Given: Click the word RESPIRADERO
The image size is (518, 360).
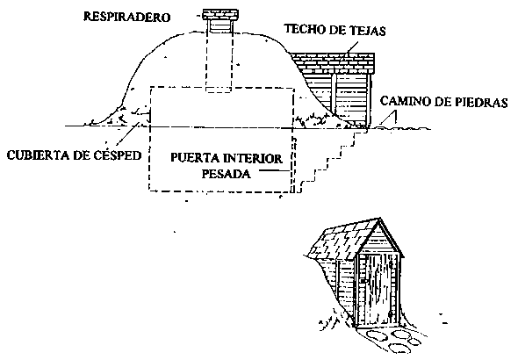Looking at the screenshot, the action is pos(126,17).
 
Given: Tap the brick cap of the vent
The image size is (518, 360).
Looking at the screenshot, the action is pos(220,15).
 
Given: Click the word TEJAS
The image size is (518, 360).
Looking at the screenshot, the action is pos(370,31).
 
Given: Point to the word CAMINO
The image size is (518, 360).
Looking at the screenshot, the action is pos(405,101).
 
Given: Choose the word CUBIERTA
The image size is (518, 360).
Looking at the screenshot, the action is pos(36,155).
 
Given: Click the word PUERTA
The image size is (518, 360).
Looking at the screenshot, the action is pos(194,158).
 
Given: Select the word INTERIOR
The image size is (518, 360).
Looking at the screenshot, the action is pos(253,159).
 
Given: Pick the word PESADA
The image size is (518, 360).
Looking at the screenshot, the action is pos(227,174).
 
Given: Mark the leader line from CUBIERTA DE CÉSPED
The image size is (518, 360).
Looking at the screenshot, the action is pos(128,136).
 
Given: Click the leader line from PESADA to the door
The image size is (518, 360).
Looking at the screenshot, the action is pos(275,170).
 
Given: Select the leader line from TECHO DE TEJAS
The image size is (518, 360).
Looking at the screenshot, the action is pos(349,49).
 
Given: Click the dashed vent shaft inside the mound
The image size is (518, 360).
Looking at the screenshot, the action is pos(219,61).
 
